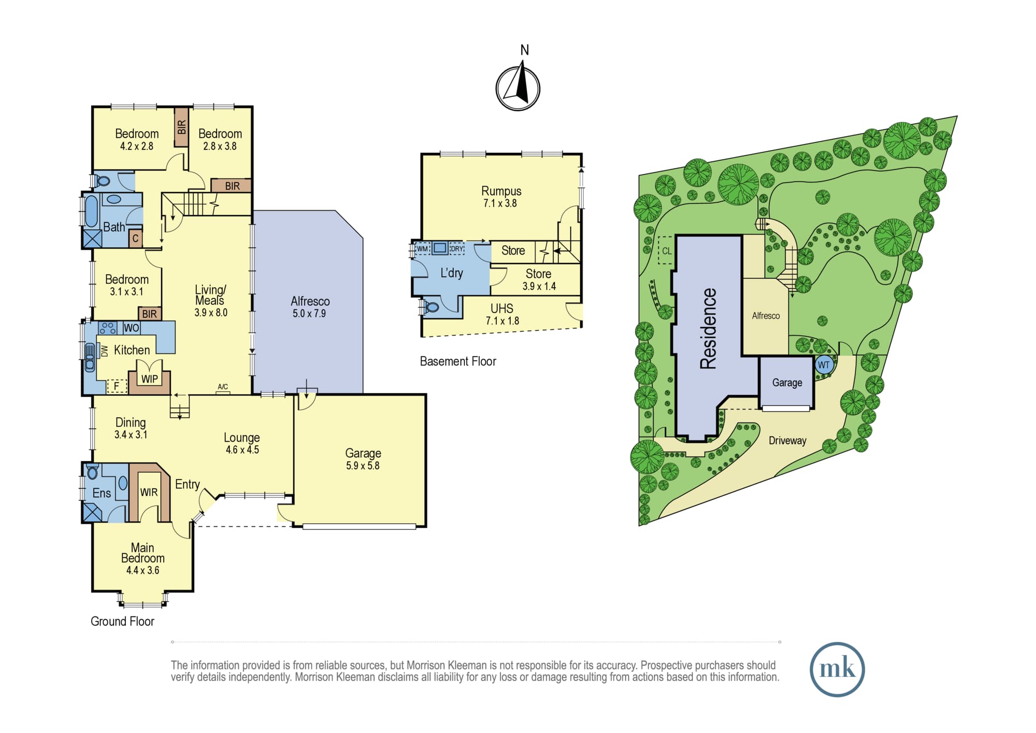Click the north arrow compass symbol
pyautogui.click(x=518, y=87)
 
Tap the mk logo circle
pyautogui.click(x=837, y=669)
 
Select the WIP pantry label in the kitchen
pyautogui.click(x=150, y=379)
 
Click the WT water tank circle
pyautogui.click(x=824, y=365)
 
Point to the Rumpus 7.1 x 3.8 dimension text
pyautogui.click(x=500, y=203)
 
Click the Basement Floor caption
pyautogui.click(x=458, y=361)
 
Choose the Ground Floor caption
pyautogui.click(x=122, y=621)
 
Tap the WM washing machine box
pyautogui.click(x=423, y=249)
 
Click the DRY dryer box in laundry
pyautogui.click(x=456, y=249)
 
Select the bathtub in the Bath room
pyautogui.click(x=91, y=212)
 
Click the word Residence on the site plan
pyautogui.click(x=708, y=328)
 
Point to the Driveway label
pyautogui.click(x=787, y=441)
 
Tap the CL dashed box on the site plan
pyautogui.click(x=666, y=250)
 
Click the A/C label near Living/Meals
pyautogui.click(x=223, y=387)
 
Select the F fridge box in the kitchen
pyautogui.click(x=117, y=386)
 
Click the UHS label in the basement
pyautogui.click(x=502, y=308)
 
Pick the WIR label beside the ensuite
pyautogui.click(x=149, y=492)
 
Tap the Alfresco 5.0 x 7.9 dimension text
pyautogui.click(x=309, y=314)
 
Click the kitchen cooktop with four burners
pyautogui.click(x=108, y=328)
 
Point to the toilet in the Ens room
pyautogui.click(x=93, y=472)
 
